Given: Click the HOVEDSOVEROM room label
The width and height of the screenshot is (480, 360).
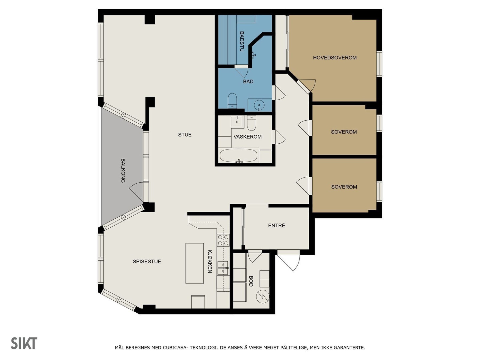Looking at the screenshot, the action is click(x=334, y=58).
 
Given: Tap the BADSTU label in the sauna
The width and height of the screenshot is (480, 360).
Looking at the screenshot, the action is click(x=241, y=41).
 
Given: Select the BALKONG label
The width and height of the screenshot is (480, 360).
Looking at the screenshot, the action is click(x=123, y=170).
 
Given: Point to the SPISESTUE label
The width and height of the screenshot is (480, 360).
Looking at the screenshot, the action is click(x=147, y=261).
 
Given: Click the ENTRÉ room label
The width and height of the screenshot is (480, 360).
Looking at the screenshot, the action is click(x=277, y=225).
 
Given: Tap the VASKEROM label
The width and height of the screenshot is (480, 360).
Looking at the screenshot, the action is click(x=247, y=137).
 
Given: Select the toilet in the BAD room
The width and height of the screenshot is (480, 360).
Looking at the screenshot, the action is click(x=232, y=101).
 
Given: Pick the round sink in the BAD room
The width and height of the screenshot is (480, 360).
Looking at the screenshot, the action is click(x=259, y=105).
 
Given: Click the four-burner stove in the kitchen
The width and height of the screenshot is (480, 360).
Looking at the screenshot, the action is click(x=223, y=240).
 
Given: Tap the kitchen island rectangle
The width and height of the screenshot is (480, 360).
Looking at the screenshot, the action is click(x=194, y=263).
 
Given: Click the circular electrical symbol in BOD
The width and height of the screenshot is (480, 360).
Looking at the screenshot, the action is click(x=262, y=296).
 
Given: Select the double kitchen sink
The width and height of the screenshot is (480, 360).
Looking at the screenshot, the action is click(x=223, y=268).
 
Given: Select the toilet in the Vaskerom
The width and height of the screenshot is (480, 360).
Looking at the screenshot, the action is click(x=251, y=123).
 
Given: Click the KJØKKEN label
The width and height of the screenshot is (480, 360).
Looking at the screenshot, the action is click(x=210, y=261).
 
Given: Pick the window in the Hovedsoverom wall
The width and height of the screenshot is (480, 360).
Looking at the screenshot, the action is click(x=379, y=64).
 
